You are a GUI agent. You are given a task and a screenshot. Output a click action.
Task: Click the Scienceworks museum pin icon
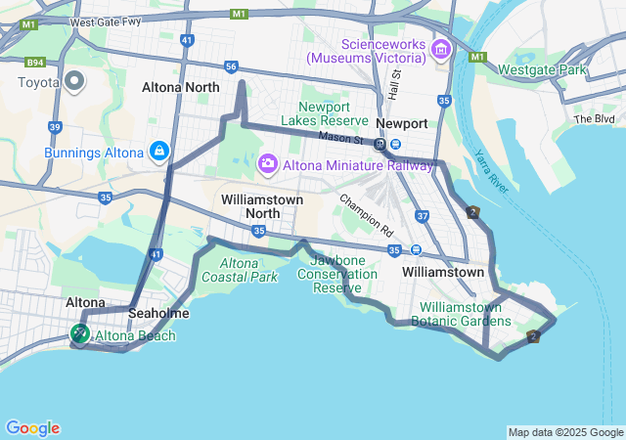click(x=440, y=48)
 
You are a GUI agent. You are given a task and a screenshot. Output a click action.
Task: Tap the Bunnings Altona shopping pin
click(x=158, y=152)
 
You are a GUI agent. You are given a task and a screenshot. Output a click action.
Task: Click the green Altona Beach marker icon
click(x=78, y=335)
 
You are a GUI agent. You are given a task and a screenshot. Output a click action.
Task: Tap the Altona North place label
click(x=181, y=87)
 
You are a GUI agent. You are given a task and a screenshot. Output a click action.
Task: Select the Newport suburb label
click(x=403, y=123)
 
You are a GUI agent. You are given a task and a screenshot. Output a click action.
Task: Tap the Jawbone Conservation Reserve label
click(x=342, y=274)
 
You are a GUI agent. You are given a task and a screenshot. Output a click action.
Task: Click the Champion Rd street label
click(x=366, y=215)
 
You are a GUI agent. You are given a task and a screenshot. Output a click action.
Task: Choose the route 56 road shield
click(x=231, y=66)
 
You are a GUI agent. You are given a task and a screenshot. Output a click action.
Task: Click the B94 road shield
click(x=36, y=61)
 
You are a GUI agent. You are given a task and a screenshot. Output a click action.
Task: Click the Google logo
click(x=32, y=428)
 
